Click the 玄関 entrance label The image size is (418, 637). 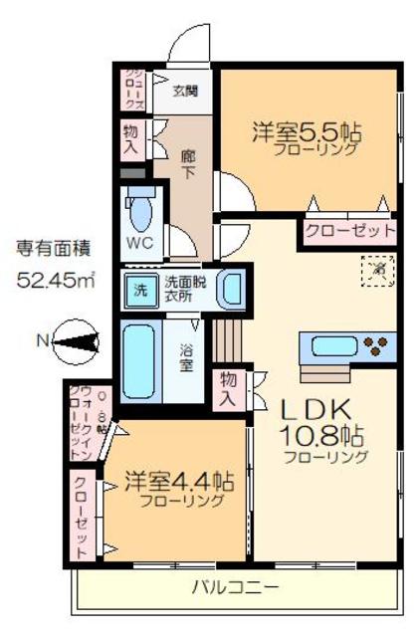[186, 92]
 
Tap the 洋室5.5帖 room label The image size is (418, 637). [306, 131]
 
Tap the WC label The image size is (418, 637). [137, 243]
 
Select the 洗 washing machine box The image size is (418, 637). [140, 291]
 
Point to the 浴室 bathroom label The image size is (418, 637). [186, 357]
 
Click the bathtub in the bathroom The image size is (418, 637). [139, 360]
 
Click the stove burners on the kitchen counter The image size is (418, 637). [376, 347]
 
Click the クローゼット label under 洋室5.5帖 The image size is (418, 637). [348, 231]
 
